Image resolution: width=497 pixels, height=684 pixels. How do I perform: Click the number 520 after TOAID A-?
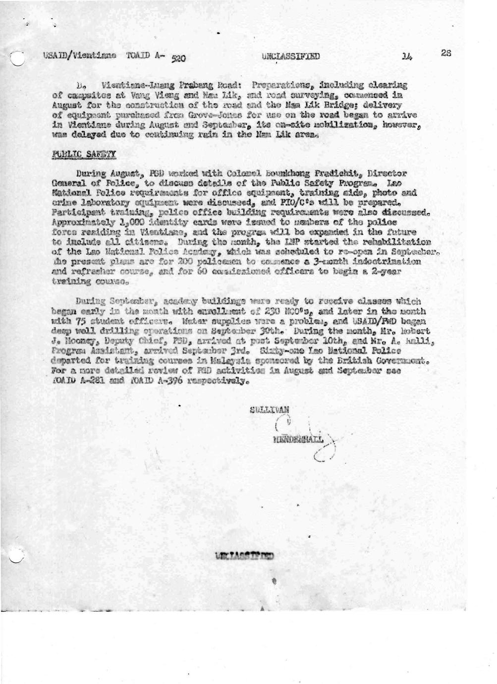(177, 57)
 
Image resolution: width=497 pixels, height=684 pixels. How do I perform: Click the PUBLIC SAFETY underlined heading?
(84, 154)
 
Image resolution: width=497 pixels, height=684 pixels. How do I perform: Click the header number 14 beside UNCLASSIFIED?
(408, 57)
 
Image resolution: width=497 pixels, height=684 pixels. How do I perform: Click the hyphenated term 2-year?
(387, 272)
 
